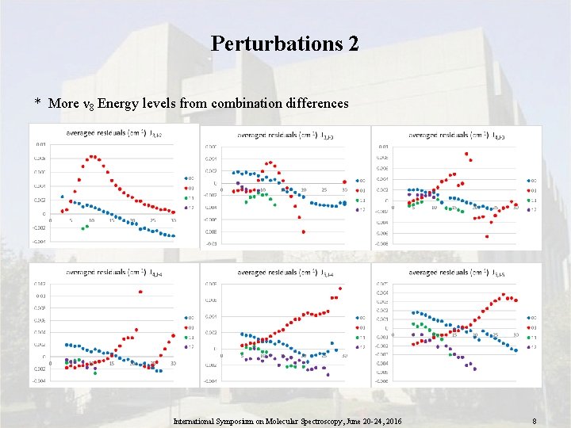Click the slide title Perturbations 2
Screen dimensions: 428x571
pos(285,43)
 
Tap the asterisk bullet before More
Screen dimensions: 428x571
pos(36,104)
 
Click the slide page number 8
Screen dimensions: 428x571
pos(535,422)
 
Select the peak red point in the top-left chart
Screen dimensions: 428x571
pos(93,156)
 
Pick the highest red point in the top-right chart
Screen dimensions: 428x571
pos(466,154)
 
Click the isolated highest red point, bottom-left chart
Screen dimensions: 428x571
pos(140,292)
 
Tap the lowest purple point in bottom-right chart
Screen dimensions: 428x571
pos(474,369)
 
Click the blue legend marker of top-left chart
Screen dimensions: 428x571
pos(185,178)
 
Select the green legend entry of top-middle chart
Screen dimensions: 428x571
pos(357,199)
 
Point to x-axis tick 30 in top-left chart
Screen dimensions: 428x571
pos(174,220)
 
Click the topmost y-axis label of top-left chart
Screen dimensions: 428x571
pos(40,144)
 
